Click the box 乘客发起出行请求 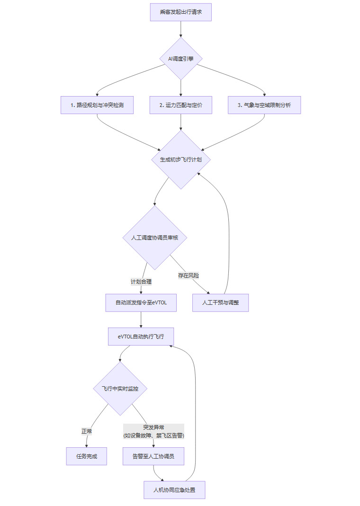point(180,12)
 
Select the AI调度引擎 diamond point(180,59)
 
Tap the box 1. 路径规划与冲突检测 point(97,105)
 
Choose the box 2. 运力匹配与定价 point(181,105)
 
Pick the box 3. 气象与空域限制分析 point(264,105)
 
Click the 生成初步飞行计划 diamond point(181,160)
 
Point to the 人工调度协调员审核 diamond point(154,238)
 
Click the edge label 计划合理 point(141,282)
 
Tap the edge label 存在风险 point(189,275)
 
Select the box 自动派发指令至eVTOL point(141,303)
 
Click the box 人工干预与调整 point(220,303)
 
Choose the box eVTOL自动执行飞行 point(141,337)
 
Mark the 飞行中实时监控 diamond point(120,389)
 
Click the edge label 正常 point(87,431)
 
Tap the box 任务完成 point(87,456)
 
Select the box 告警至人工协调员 point(153,456)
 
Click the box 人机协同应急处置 point(174,490)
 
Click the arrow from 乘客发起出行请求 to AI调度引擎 point(180,29)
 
